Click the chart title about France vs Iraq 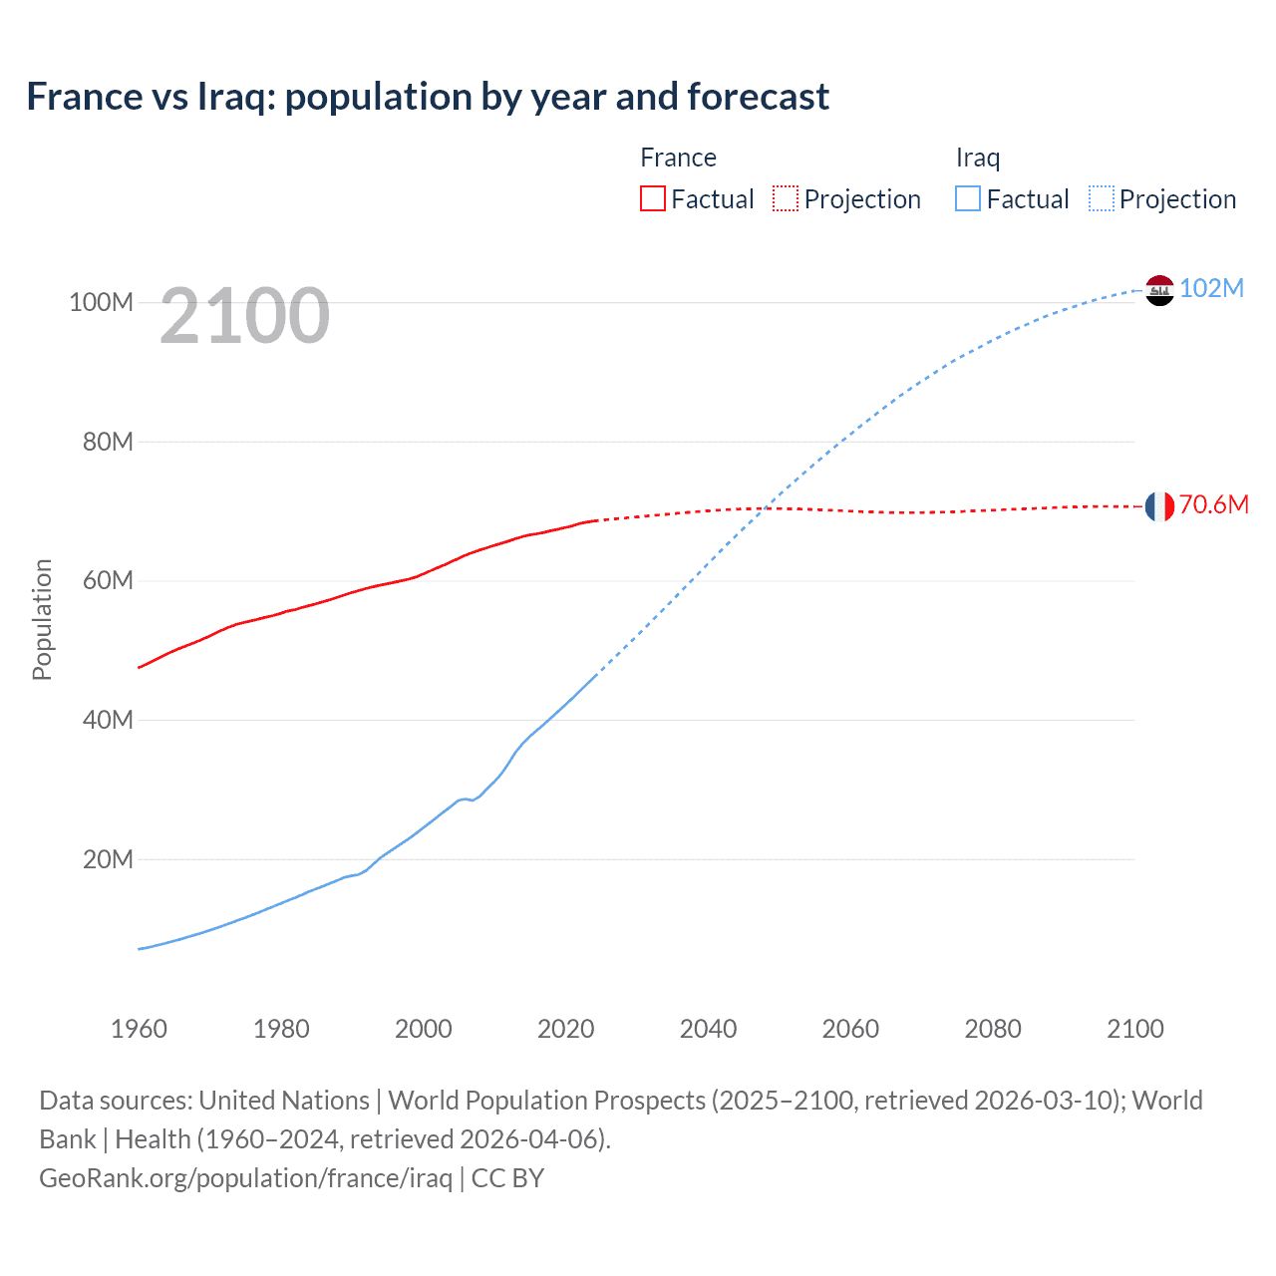click(x=428, y=97)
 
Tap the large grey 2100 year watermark click(x=244, y=316)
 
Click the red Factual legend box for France click(x=652, y=198)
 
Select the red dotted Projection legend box click(x=786, y=198)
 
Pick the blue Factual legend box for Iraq click(x=967, y=198)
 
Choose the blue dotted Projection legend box click(x=1101, y=198)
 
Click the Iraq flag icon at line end click(x=1159, y=290)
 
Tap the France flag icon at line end click(x=1159, y=506)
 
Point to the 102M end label click(x=1211, y=288)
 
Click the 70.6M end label click(x=1213, y=504)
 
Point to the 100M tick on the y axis click(x=101, y=302)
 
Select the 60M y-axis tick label click(x=107, y=580)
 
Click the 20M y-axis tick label click(x=107, y=859)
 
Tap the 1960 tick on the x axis click(x=139, y=1029)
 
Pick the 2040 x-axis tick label click(x=708, y=1029)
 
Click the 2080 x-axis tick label click(x=993, y=1029)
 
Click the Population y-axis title click(x=42, y=619)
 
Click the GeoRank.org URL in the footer click(x=245, y=1178)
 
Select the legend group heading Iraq click(x=977, y=158)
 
